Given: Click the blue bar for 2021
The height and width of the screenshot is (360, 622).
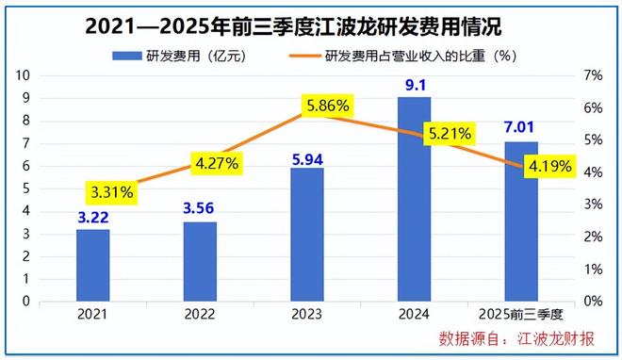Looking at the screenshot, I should pos(92,265).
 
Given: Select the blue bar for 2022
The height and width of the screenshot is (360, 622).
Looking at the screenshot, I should pos(200,261).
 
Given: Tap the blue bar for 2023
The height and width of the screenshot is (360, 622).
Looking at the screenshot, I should pos(307,235).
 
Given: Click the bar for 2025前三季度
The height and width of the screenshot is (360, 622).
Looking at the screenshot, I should pos(521,221).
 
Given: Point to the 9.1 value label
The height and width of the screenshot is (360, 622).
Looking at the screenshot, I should pos(414,86).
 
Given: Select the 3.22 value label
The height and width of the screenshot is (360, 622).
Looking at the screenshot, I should pos(92,218).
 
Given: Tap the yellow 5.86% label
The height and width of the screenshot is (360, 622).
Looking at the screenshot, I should pos(329,106).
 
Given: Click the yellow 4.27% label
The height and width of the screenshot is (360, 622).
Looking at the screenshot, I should pos(217,162).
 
